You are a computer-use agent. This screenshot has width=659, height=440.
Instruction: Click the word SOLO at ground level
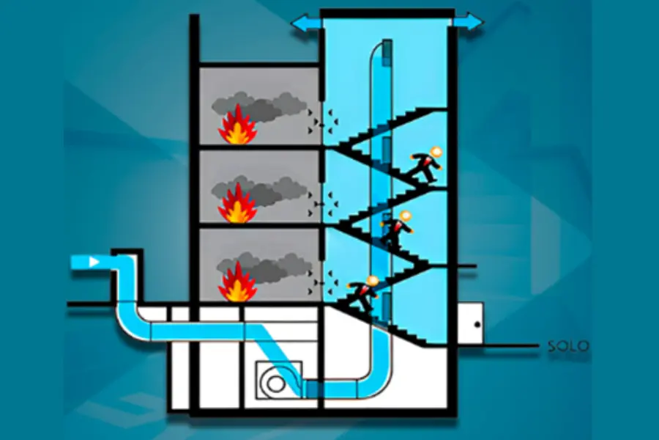tap(567, 346)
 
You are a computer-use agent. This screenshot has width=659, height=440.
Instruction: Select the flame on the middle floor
tap(237, 206)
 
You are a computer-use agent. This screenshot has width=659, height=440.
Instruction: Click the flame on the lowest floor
tap(237, 284)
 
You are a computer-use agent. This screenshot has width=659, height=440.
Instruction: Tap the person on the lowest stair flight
tap(363, 293)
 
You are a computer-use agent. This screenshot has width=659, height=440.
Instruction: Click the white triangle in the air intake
tap(94, 262)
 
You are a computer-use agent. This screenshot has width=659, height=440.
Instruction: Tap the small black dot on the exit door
tap(477, 323)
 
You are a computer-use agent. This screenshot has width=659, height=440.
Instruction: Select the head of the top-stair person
tap(436, 153)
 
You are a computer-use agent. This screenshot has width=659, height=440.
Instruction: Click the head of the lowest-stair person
tap(373, 281)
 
